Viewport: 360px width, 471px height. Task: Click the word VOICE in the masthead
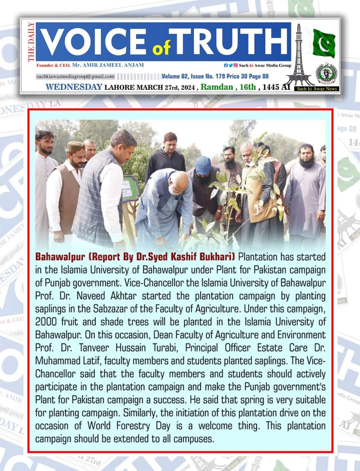[93, 41]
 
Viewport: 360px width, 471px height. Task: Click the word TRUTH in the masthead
[230, 41]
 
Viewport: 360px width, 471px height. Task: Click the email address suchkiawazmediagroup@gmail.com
[75, 77]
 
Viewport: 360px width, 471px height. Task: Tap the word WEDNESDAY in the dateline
[74, 87]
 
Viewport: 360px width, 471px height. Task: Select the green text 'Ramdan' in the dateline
[217, 87]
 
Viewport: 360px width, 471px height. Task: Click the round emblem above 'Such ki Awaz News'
[326, 74]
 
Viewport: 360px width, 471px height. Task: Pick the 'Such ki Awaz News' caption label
[317, 89]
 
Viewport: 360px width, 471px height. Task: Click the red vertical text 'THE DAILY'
[31, 42]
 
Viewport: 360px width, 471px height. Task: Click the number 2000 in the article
[46, 322]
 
